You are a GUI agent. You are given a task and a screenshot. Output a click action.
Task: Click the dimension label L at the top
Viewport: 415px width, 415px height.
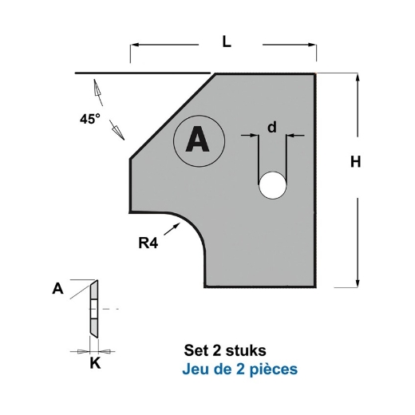click(227, 45)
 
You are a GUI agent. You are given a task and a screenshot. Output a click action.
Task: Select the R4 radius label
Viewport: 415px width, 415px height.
click(148, 243)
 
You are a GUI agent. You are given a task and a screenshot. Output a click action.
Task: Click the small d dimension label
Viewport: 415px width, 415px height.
click(272, 127)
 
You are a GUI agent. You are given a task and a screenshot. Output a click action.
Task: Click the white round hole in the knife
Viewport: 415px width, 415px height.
click(271, 185)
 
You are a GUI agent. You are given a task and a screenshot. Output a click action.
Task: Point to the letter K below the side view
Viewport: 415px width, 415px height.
click(95, 364)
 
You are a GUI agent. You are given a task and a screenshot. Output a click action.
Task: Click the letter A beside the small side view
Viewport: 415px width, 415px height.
click(57, 290)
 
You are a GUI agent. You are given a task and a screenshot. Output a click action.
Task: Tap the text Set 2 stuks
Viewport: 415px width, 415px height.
click(225, 350)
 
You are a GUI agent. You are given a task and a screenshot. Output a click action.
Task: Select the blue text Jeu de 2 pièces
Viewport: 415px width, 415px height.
click(241, 370)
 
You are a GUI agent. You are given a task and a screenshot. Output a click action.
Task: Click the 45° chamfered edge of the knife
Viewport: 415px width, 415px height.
click(172, 116)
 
